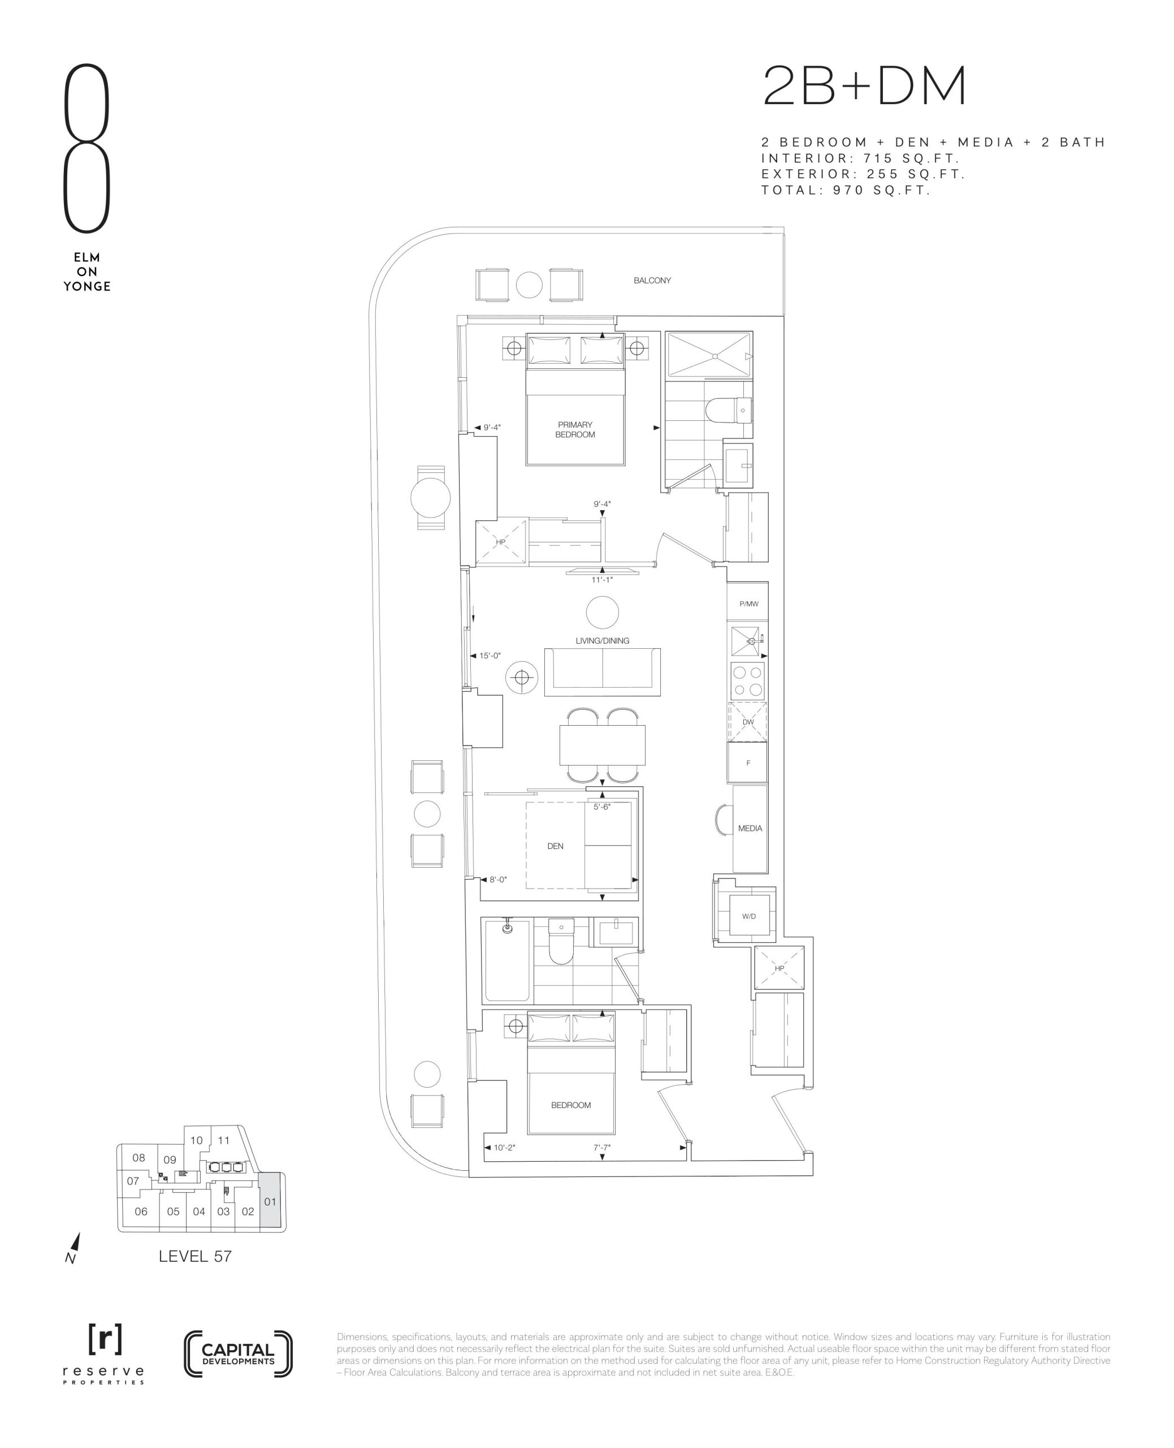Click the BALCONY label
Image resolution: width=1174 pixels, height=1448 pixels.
(x=652, y=280)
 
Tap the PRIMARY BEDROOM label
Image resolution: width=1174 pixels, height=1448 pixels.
(x=575, y=430)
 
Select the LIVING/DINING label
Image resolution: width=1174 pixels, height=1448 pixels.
(x=602, y=640)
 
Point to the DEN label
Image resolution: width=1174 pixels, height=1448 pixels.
(x=555, y=846)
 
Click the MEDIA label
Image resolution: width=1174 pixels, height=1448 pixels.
(x=750, y=828)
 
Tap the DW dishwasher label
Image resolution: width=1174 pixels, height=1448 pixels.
(x=748, y=722)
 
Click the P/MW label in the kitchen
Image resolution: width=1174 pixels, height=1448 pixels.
(x=748, y=604)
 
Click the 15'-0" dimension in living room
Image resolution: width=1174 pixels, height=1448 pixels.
(x=489, y=656)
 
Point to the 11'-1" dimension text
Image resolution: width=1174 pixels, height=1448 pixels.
(x=602, y=579)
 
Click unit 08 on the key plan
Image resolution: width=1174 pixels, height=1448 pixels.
(x=138, y=1158)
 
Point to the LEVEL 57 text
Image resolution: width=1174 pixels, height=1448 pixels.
(x=196, y=1256)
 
